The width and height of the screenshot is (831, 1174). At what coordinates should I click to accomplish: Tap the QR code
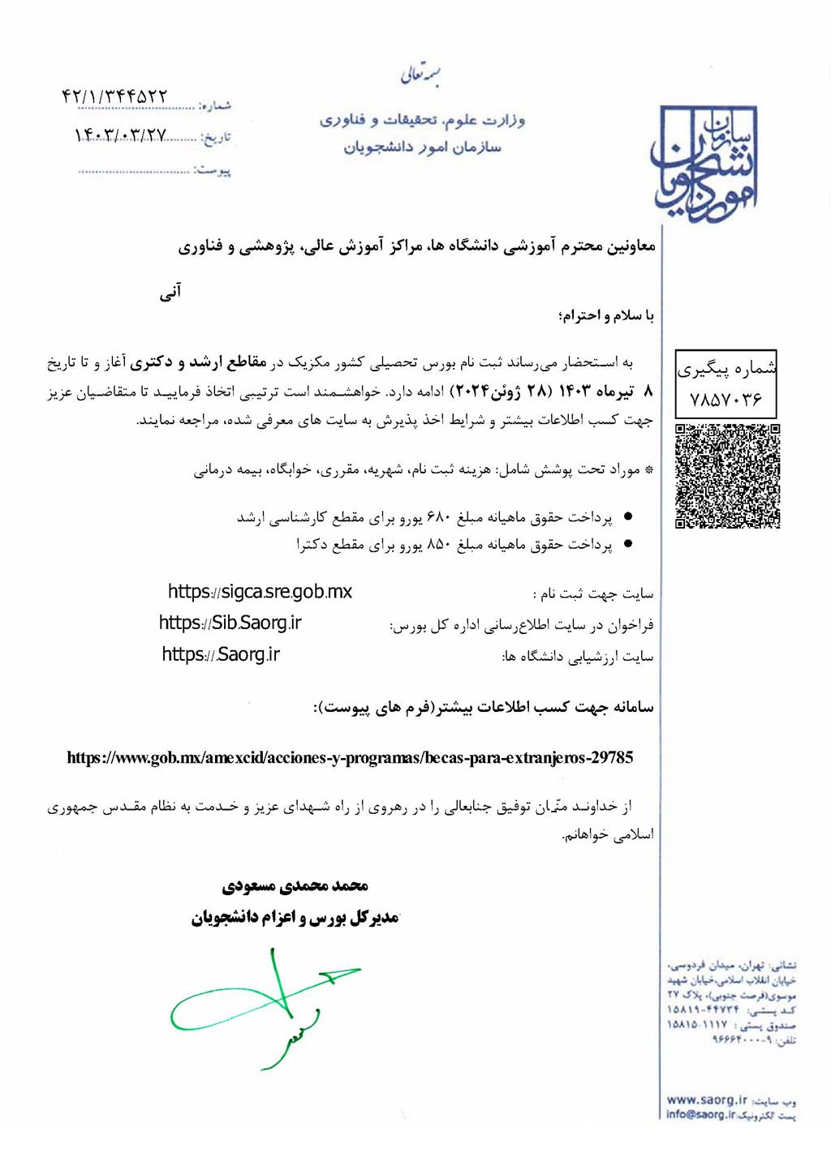[728, 476]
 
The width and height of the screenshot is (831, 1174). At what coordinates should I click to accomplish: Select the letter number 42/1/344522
[114, 96]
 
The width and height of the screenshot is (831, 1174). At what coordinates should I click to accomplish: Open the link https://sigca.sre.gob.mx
[260, 592]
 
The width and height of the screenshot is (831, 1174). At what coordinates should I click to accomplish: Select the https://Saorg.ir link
[221, 654]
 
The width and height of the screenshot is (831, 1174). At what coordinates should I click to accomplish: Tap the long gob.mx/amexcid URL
[350, 758]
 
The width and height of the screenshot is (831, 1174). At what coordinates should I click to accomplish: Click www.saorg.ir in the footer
[706, 1100]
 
